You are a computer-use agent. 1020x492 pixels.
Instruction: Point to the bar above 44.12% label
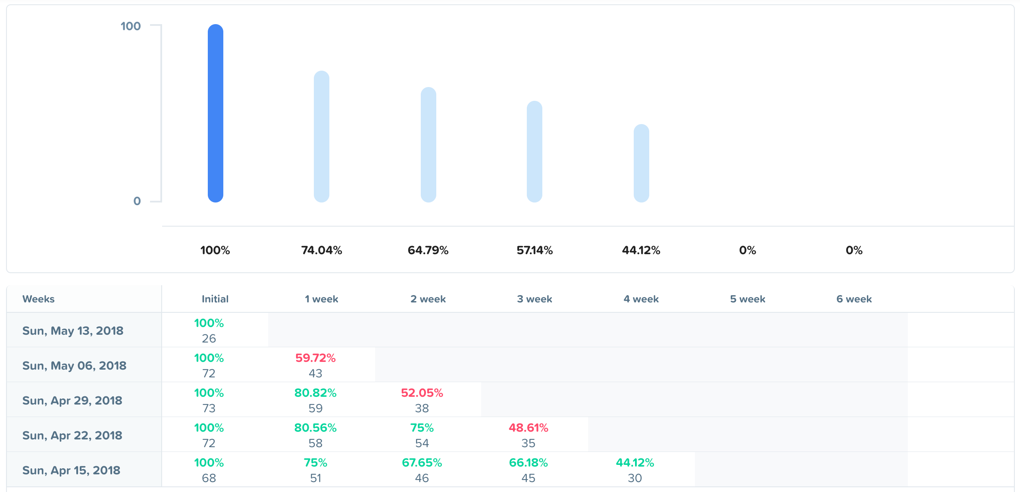(x=641, y=163)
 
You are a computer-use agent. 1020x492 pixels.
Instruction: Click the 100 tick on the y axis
(x=131, y=26)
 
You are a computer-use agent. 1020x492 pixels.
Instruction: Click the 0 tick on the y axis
(x=137, y=201)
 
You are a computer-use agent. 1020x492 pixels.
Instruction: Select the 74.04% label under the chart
(x=322, y=250)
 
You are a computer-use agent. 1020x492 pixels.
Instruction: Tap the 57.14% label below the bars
(x=535, y=250)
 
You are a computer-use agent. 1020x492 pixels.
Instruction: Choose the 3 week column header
(x=535, y=299)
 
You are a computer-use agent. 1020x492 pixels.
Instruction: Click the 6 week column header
(x=854, y=299)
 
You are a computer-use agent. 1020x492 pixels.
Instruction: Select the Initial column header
(x=215, y=299)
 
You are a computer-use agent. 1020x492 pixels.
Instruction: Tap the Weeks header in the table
(x=38, y=299)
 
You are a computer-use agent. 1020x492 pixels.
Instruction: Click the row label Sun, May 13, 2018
(x=73, y=331)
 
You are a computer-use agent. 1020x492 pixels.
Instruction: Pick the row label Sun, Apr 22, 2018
(x=72, y=436)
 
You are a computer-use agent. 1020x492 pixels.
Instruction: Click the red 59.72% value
(x=316, y=358)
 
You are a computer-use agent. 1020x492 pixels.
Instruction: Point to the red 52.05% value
(x=422, y=393)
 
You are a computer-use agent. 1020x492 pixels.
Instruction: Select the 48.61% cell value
(x=529, y=428)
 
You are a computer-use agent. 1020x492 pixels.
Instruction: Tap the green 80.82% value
(x=316, y=393)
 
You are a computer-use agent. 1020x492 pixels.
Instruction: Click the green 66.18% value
(x=529, y=463)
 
